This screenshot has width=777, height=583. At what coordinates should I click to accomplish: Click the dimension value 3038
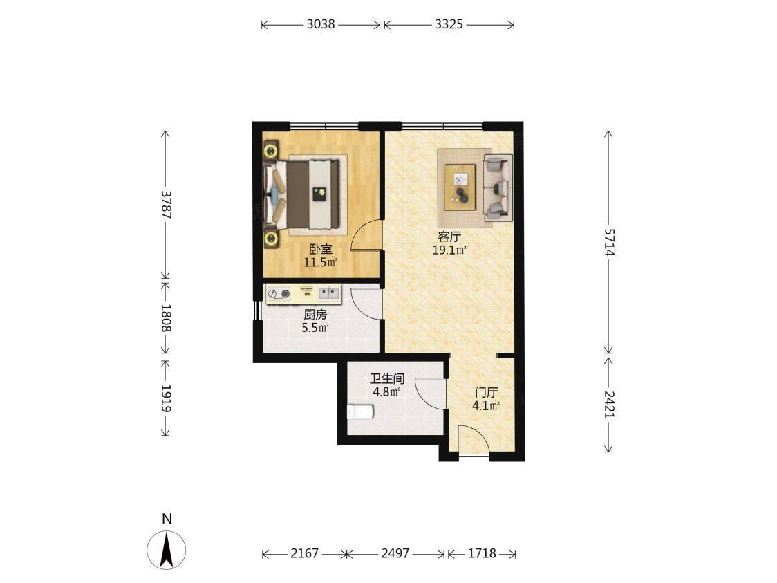[x=321, y=24]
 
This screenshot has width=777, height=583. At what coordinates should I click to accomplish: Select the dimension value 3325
[x=449, y=24]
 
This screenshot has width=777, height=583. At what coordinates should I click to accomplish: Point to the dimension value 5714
[x=609, y=242]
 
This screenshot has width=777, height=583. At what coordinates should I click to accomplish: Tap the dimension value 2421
[x=609, y=405]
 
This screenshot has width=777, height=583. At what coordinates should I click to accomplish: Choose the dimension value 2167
[x=304, y=553]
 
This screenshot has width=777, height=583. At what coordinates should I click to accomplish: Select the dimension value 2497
[x=395, y=553]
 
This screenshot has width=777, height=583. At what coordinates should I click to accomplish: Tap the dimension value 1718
[x=482, y=553]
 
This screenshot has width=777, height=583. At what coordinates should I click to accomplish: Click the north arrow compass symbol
[x=167, y=549]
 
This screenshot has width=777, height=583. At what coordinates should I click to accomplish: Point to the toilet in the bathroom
[x=359, y=412]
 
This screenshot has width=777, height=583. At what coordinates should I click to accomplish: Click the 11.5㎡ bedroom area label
[x=320, y=262]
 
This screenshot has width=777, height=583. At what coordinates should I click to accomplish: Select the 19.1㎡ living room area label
[x=449, y=250]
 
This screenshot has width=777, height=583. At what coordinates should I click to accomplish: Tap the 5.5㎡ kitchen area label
[x=315, y=328]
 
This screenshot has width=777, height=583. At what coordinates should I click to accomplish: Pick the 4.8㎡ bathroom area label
[x=386, y=392]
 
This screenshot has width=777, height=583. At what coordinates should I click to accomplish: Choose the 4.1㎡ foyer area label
[x=485, y=406]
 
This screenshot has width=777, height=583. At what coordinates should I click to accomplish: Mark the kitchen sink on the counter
[x=328, y=293]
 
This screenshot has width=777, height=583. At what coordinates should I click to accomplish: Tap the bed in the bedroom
[x=303, y=194]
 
